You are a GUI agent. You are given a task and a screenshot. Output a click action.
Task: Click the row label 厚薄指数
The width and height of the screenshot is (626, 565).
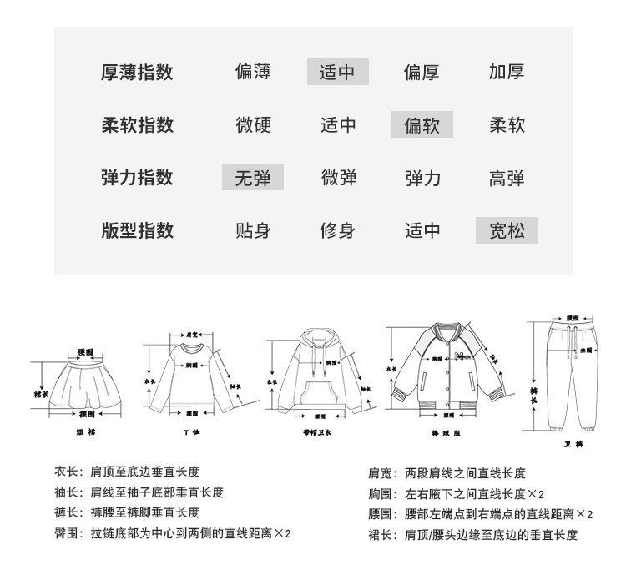coord(137,72)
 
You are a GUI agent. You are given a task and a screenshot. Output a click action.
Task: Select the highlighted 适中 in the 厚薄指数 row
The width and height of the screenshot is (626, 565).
coord(337,73)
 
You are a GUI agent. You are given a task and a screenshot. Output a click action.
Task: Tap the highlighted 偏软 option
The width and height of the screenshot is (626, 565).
coord(422,125)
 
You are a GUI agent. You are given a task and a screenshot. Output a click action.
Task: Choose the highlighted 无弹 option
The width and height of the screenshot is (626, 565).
coord(252,178)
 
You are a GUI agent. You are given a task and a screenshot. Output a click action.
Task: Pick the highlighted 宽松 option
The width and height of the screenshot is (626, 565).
coord(506,230)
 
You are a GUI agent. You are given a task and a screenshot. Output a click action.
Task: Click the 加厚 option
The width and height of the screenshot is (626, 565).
coord(506,73)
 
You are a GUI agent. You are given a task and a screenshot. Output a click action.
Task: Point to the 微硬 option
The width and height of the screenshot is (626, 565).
coord(252,125)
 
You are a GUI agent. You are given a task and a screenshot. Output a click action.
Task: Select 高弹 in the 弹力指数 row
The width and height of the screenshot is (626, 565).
coord(506,178)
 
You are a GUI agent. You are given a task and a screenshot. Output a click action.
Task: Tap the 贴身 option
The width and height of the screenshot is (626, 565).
coord(252,230)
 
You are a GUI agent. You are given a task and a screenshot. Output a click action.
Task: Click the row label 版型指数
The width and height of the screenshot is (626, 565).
coord(137,230)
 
